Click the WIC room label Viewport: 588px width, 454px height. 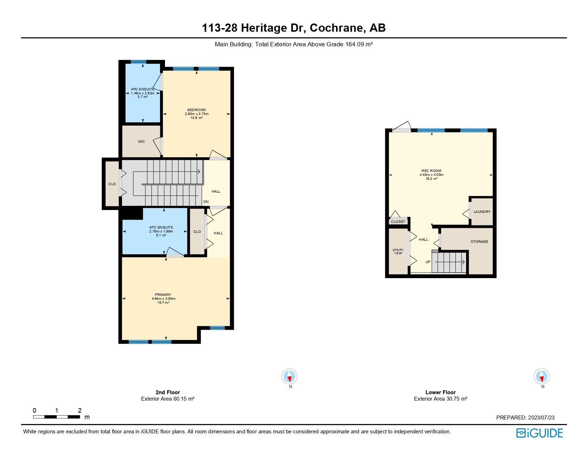[141, 142]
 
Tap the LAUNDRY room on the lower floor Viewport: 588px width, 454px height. [482, 212]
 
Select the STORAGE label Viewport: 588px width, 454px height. [479, 242]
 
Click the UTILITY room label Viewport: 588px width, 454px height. [398, 250]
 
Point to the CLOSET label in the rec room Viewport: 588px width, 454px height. [398, 222]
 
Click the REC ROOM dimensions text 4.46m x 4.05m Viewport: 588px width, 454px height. [431, 175]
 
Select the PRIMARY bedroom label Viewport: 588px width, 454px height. [163, 295]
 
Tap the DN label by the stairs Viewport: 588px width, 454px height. [206, 202]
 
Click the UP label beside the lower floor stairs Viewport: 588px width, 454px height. [428, 262]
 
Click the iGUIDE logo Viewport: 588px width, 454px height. [540, 433]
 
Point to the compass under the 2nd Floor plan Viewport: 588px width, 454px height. [289, 377]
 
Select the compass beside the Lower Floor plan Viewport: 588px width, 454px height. [541, 377]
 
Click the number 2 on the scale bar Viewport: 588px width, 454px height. [79, 411]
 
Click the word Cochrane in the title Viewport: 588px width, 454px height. [337, 28]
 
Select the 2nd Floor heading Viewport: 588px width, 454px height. [167, 392]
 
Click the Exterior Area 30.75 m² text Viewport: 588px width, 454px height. [440, 399]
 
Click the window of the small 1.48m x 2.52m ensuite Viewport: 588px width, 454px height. [138, 62]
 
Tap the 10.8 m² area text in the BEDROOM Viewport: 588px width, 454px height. [196, 118]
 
